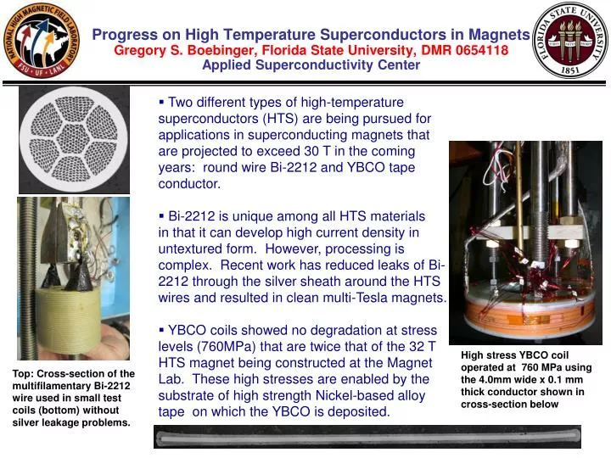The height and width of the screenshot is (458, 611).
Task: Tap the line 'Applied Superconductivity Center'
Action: click(311, 65)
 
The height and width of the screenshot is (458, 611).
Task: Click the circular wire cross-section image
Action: click(75, 139)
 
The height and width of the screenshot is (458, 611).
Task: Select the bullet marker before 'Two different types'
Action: click(162, 103)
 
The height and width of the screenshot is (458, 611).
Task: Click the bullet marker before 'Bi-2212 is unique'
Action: click(162, 216)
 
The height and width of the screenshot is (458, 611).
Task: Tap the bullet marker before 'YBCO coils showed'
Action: click(162, 330)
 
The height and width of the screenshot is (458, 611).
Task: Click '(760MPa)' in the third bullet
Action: click(232, 346)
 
